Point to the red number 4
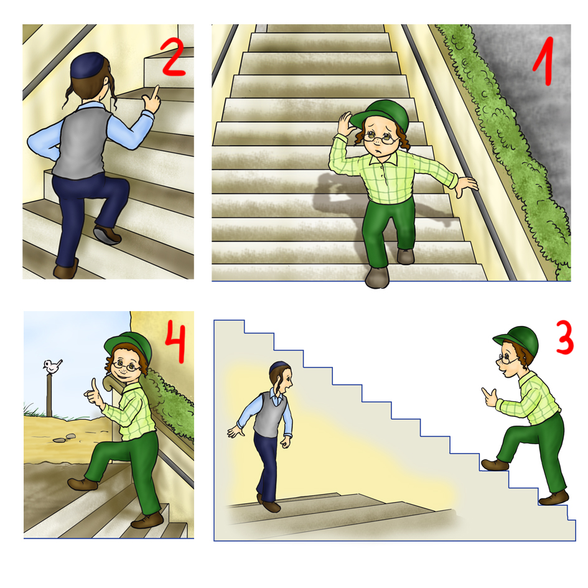pyautogui.click(x=175, y=342)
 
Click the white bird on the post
pyautogui.click(x=52, y=366)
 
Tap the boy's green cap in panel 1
pyautogui.click(x=382, y=114)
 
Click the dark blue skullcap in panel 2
pyautogui.click(x=87, y=65)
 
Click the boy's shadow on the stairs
pyautogui.click(x=353, y=210)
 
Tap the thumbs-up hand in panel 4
pyautogui.click(x=94, y=394)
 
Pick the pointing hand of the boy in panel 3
pyautogui.click(x=489, y=397)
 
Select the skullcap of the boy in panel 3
pyautogui.click(x=280, y=366)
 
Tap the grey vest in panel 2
pyautogui.click(x=82, y=142)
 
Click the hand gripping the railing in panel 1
pyautogui.click(x=466, y=186)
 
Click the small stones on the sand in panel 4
pyautogui.click(x=63, y=438)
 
